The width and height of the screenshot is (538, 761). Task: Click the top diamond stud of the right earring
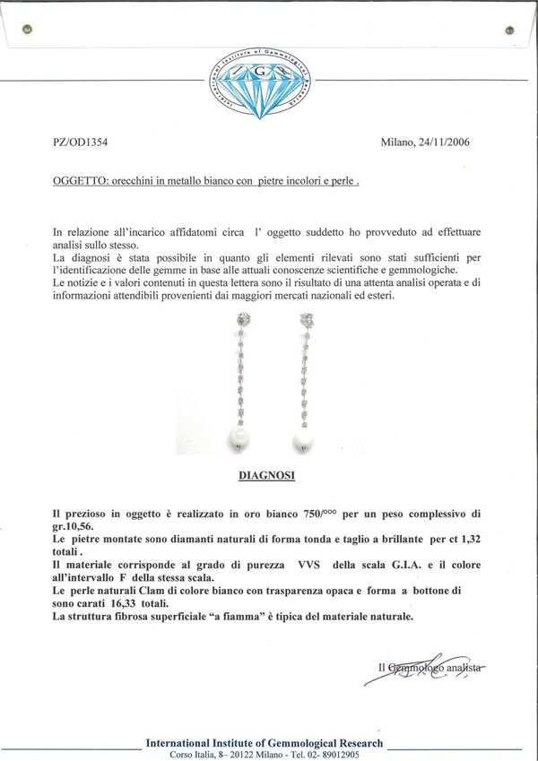point(308,320)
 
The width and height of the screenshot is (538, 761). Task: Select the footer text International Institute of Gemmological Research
point(264,743)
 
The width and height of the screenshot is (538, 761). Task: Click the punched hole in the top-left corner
point(27,29)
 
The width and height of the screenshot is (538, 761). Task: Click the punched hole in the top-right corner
point(513,29)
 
